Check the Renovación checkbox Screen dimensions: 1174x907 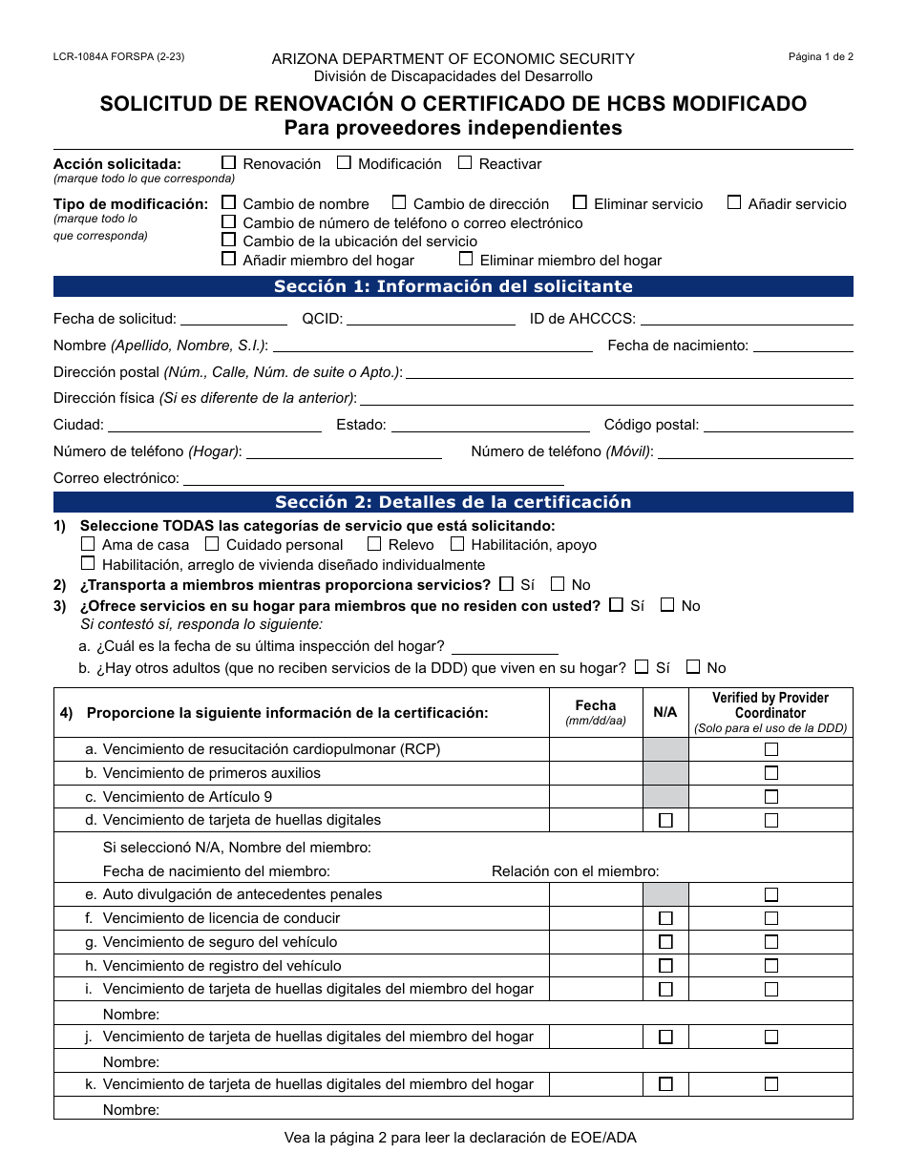click(229, 163)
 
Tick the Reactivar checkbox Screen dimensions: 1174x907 click(465, 163)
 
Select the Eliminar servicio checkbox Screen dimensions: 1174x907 click(580, 202)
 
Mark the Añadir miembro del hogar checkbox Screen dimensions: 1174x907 click(229, 259)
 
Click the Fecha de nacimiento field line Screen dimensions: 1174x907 click(803, 346)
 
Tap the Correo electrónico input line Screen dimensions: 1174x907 click(373, 479)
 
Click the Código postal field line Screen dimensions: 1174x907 click(778, 426)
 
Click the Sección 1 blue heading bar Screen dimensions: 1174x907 click(453, 286)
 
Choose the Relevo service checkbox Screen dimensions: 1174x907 click(374, 544)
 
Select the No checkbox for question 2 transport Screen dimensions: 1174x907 click(558, 584)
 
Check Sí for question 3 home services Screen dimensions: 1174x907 click(617, 605)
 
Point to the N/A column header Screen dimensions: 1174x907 click(665, 712)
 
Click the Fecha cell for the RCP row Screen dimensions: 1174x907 click(596, 749)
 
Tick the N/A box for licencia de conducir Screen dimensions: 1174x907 click(665, 918)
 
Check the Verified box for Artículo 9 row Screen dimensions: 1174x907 click(771, 797)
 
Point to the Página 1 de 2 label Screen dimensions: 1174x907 click(820, 57)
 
